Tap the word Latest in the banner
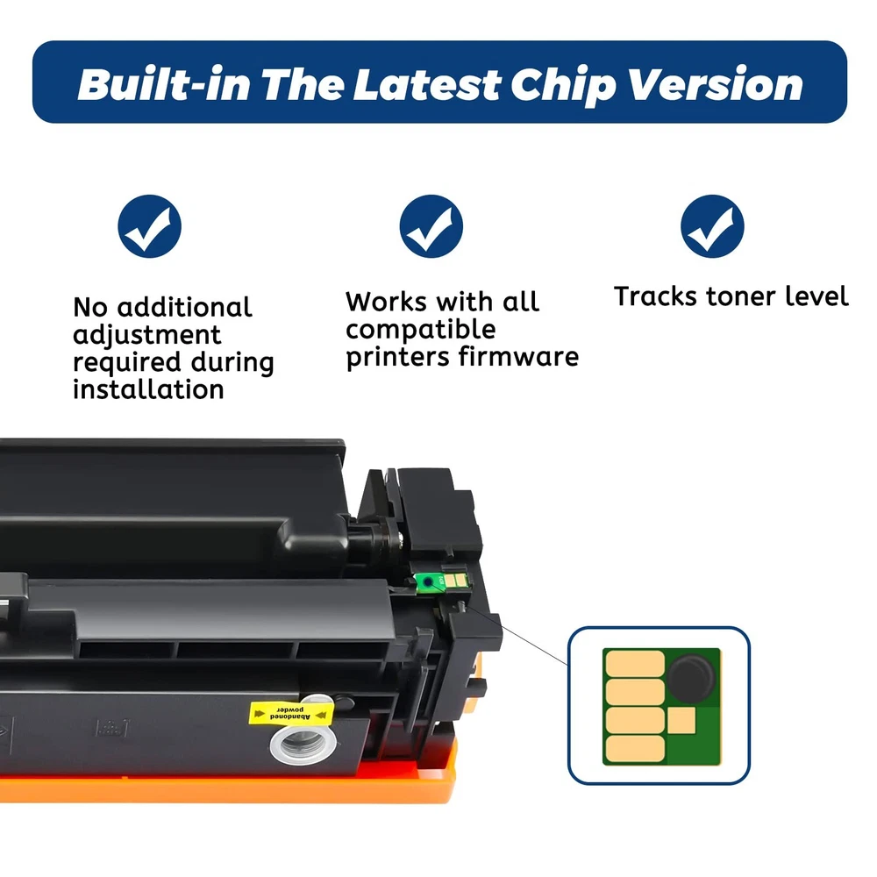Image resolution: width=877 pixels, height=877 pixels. point(426,85)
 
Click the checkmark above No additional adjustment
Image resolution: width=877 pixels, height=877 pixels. point(149,226)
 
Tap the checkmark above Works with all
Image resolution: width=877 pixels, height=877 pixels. point(431,226)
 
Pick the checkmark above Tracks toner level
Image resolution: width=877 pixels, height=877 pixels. point(712,226)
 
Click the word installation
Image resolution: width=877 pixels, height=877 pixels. point(148,389)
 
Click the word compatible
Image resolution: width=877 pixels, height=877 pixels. point(421,330)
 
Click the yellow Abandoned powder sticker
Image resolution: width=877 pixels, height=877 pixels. point(291,713)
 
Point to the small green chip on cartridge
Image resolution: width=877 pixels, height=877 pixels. point(441,581)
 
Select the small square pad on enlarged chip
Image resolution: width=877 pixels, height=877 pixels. point(681,720)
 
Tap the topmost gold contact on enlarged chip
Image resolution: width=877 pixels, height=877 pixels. point(635,663)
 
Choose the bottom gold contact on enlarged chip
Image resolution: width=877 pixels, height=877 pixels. point(635,748)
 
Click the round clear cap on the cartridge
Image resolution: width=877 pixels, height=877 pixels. point(303,745)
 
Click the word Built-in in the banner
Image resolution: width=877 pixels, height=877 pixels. point(164,85)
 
